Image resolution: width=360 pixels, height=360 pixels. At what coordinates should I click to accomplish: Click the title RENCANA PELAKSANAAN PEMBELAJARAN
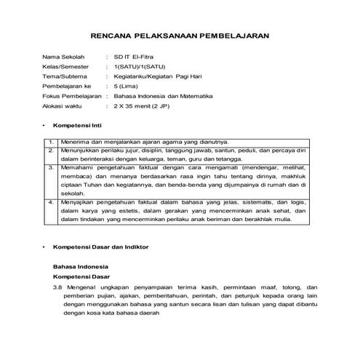[x=180, y=34]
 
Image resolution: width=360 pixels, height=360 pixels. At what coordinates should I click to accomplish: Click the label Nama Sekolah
[x=63, y=56]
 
